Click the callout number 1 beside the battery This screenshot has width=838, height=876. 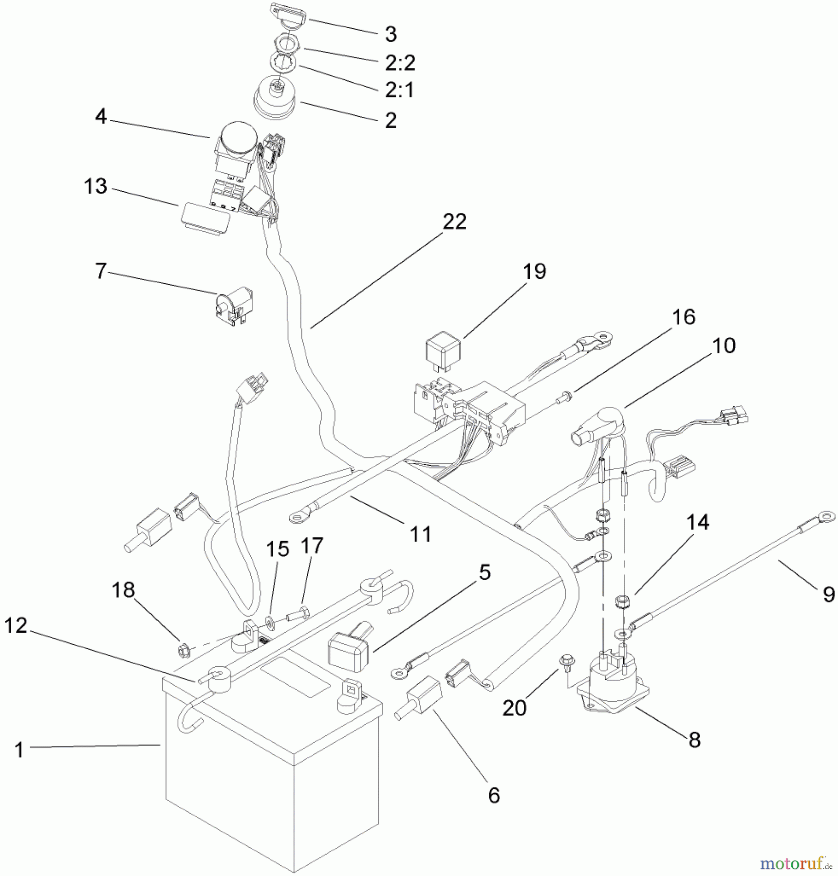(x=19, y=750)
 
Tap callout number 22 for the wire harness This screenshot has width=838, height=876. (x=454, y=222)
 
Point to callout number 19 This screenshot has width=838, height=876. (x=534, y=271)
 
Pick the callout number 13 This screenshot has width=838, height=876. (x=95, y=186)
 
